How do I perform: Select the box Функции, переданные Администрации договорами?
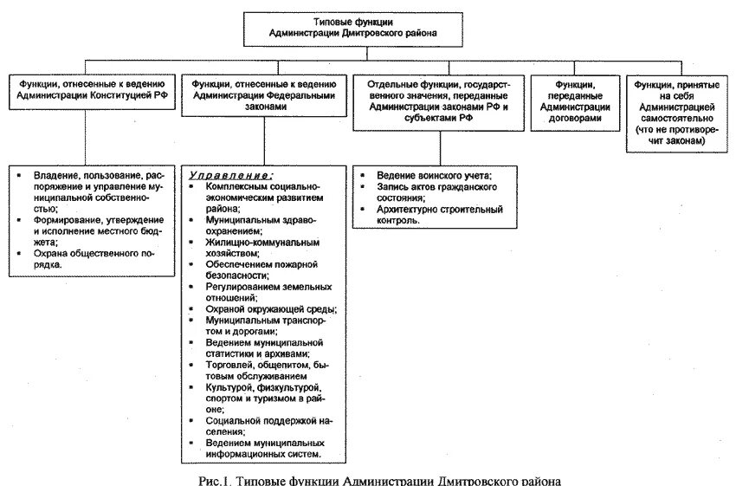(x=577, y=100)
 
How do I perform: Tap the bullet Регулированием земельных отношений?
(x=262, y=291)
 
